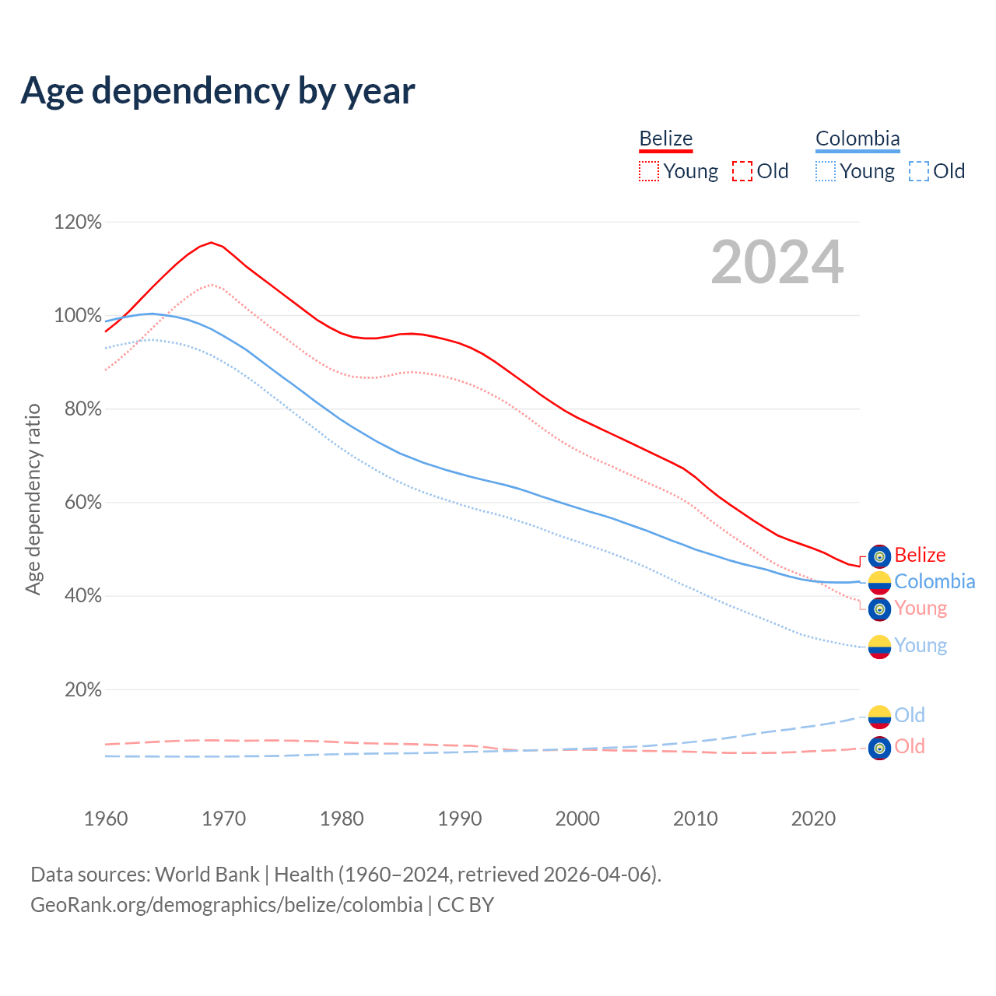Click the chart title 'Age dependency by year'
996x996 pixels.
(218, 91)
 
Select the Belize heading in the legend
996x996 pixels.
(665, 139)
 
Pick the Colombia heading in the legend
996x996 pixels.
(857, 139)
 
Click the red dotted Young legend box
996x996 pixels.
(648, 171)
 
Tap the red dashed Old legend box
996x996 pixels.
(742, 171)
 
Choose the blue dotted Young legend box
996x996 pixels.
(826, 171)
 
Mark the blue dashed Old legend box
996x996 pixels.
(919, 171)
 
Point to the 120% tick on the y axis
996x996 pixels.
(78, 223)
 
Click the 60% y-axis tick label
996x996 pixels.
(78, 503)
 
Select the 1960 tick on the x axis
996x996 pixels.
(106, 819)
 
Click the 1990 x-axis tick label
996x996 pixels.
(459, 819)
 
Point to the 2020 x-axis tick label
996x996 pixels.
(813, 819)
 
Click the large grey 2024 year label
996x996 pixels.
(777, 263)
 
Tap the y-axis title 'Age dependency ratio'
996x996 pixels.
(33, 499)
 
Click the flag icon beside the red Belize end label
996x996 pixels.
(879, 556)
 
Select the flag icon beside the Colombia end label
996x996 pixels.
(879, 582)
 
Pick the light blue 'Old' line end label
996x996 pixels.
(910, 715)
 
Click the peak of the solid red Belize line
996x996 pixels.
(211, 242)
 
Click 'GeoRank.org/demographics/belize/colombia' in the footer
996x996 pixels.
(226, 905)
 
